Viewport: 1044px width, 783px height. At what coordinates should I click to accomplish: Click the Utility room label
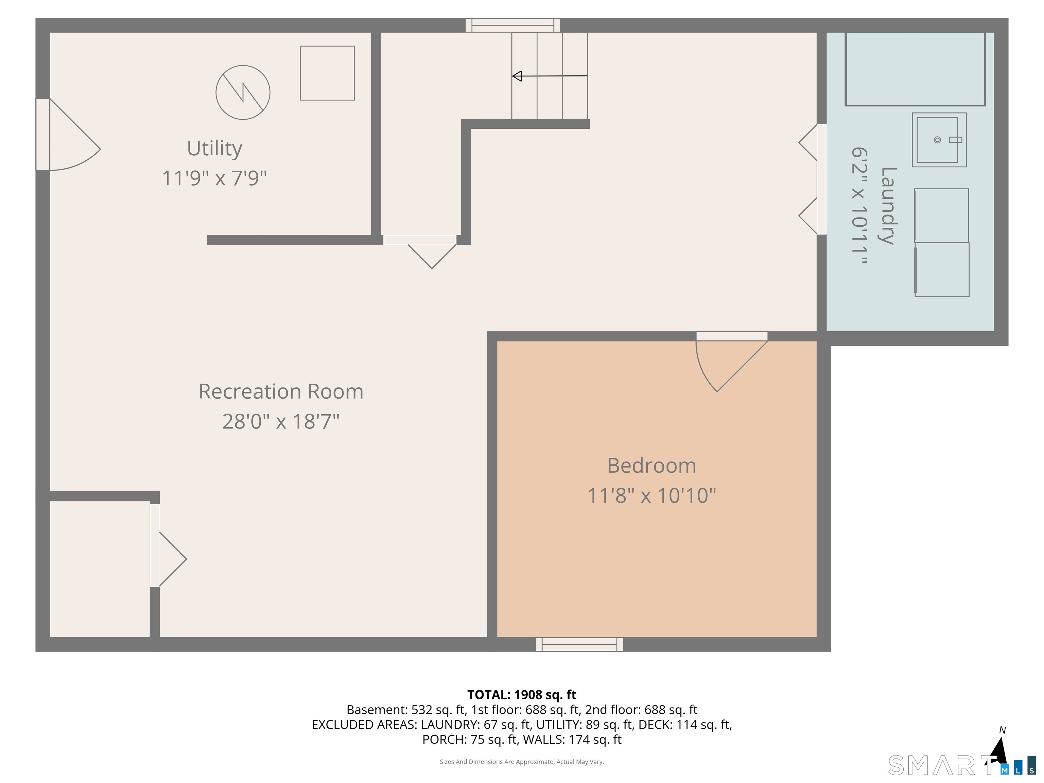pos(215,149)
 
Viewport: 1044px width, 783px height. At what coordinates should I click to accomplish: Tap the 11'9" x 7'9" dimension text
pos(214,178)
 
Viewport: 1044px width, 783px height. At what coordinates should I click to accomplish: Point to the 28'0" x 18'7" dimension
pos(281,421)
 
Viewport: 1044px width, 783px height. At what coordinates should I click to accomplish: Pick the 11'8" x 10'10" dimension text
pos(652,495)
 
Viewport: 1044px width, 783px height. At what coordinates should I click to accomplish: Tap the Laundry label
pos(889,206)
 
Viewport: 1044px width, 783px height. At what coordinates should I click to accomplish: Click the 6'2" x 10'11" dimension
pos(859,206)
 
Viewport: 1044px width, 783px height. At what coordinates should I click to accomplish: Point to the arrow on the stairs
pos(550,75)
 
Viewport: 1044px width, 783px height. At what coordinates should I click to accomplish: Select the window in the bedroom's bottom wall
pos(579,644)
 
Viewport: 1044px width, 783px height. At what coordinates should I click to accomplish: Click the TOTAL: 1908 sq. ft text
pos(522,695)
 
